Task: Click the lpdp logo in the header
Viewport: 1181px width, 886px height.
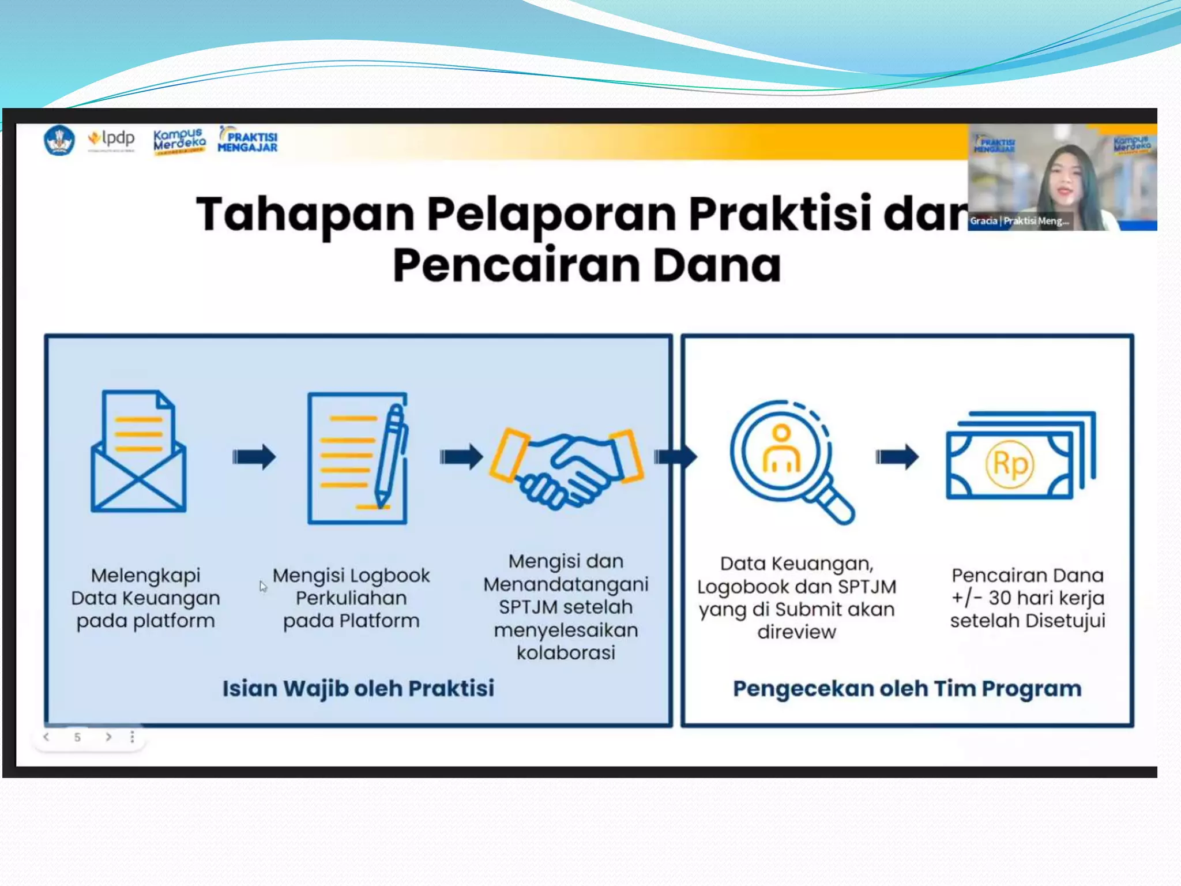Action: pyautogui.click(x=111, y=140)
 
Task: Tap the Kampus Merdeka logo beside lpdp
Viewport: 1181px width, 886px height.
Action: pyautogui.click(x=179, y=141)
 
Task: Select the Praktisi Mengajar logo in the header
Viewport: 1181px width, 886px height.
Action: pyautogui.click(x=248, y=140)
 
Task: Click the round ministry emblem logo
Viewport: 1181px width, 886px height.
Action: pyautogui.click(x=59, y=140)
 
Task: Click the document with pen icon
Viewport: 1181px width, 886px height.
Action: pyautogui.click(x=358, y=458)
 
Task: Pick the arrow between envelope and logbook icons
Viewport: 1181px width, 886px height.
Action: pyautogui.click(x=254, y=457)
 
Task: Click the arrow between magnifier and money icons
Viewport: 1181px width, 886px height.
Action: pyautogui.click(x=897, y=457)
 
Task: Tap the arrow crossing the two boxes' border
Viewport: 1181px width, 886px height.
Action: pyautogui.click(x=675, y=457)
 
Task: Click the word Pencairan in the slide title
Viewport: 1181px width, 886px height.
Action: pyautogui.click(x=516, y=265)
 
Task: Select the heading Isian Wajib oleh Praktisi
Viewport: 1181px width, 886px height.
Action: pyautogui.click(x=358, y=689)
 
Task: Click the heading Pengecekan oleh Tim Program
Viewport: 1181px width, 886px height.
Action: pyautogui.click(x=907, y=689)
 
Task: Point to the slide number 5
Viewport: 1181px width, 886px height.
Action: pyautogui.click(x=77, y=737)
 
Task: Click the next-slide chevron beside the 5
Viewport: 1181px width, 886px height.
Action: pyautogui.click(x=108, y=737)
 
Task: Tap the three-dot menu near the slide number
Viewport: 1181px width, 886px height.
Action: pyautogui.click(x=133, y=737)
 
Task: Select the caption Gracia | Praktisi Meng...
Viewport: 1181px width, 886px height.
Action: pyautogui.click(x=1019, y=221)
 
